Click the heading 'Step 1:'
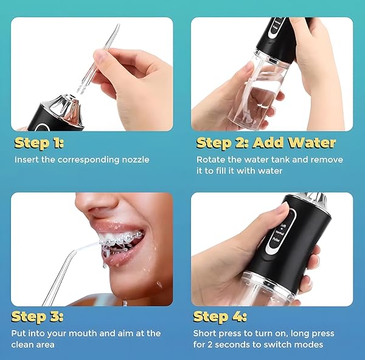point(39,143)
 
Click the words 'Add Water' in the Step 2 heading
point(294,143)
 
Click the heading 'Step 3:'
point(37,317)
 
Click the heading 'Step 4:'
point(220,317)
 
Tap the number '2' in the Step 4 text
point(210,345)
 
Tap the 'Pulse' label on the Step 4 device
point(276,239)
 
